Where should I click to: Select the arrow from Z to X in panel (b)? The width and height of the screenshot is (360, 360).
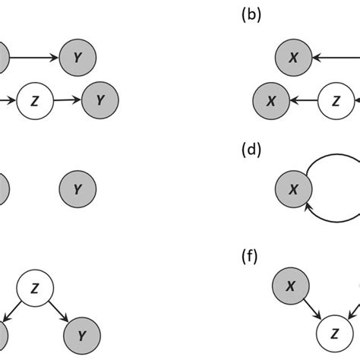(303, 99)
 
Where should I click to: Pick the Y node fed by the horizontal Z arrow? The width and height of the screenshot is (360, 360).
(98, 99)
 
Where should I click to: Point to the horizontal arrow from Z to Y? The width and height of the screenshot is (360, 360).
(65, 99)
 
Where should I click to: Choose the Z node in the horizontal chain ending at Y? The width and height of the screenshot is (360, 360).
(33, 99)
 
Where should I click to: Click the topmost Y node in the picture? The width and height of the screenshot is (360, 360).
(77, 56)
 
